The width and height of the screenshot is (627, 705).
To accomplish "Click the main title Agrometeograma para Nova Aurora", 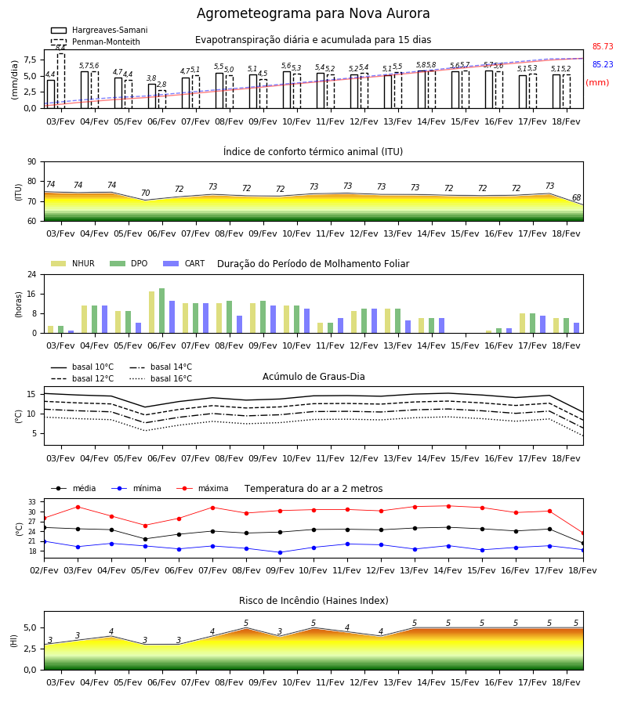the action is click(x=313, y=13).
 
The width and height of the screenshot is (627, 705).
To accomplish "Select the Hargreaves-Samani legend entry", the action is click(x=99, y=30).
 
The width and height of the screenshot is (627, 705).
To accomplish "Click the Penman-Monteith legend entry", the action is click(x=96, y=42).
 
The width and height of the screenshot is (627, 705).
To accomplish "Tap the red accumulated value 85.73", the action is click(x=603, y=46).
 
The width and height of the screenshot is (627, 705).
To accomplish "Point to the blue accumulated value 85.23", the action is click(x=603, y=64).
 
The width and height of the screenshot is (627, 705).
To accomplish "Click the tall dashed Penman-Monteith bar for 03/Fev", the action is click(x=61, y=81).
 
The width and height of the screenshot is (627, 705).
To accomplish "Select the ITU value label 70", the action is click(x=145, y=193).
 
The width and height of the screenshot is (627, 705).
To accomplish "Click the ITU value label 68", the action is click(x=576, y=197).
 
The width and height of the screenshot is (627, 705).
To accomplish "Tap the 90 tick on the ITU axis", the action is click(x=32, y=162).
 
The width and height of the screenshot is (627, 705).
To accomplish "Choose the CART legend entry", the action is click(x=184, y=263).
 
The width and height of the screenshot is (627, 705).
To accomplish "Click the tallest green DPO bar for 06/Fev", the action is click(x=162, y=311).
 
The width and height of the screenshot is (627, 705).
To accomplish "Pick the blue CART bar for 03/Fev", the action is click(x=71, y=332).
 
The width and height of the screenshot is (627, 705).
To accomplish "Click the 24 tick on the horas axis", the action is click(x=32, y=274).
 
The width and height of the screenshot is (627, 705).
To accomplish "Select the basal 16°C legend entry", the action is click(x=161, y=378).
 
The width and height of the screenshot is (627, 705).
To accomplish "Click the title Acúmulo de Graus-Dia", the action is click(x=313, y=377).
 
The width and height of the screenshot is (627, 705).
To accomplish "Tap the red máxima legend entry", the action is click(x=202, y=488).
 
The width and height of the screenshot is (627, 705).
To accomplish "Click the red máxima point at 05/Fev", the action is click(x=145, y=526).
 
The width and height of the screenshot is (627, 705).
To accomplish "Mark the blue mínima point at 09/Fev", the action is click(x=281, y=552).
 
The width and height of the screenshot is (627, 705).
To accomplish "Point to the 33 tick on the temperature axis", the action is click(x=32, y=502).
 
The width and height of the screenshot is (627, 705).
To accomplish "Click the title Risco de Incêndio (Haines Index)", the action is click(x=313, y=601).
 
